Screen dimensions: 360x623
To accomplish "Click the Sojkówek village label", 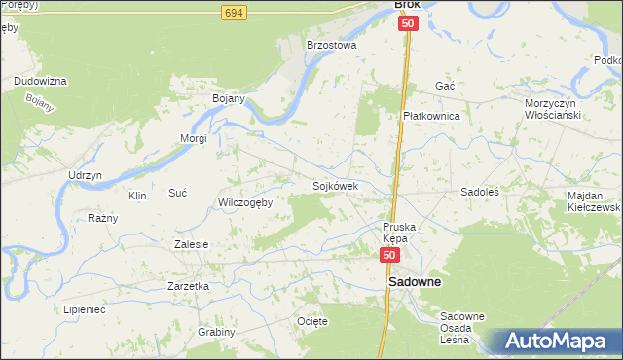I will tap(336, 185).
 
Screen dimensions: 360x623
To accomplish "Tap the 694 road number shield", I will tap(233, 12).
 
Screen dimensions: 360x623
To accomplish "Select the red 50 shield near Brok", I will tap(407, 24).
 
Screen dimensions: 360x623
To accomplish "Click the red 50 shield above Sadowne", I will tap(389, 255).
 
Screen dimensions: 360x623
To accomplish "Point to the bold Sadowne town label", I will tap(415, 282).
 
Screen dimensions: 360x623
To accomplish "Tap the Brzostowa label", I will tap(332, 45).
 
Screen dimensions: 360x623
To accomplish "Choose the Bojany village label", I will tap(229, 98).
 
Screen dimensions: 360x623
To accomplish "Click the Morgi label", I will tap(193, 138).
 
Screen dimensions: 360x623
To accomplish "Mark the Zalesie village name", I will tap(191, 244).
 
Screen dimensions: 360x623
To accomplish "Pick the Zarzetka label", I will tap(189, 286).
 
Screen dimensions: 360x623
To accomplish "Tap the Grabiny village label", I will tap(216, 332).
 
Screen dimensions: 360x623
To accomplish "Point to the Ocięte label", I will tap(312, 320).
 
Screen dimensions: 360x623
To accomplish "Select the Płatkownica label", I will tap(431, 115).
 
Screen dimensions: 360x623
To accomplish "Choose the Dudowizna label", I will tap(40, 81).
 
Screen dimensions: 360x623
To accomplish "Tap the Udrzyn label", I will tap(85, 174).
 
